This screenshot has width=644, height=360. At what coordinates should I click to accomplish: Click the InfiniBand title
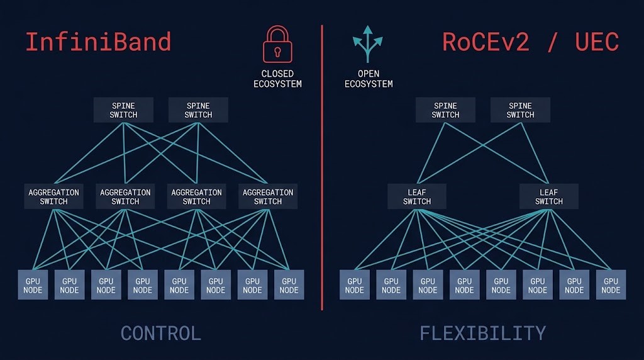(x=98, y=42)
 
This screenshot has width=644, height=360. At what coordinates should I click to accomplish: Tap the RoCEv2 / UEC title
(x=530, y=42)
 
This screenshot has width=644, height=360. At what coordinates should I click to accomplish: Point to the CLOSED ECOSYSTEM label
(x=277, y=79)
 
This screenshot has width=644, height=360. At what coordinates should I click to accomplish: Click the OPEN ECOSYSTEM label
(x=369, y=79)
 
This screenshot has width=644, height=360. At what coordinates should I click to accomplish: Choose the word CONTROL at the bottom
(x=160, y=333)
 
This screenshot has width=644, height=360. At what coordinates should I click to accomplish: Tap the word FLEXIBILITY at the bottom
(x=482, y=333)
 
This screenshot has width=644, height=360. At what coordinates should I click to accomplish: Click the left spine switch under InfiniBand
(x=123, y=110)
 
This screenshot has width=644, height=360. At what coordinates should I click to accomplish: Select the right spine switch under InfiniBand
(x=198, y=110)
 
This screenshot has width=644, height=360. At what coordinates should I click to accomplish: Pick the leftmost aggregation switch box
(x=53, y=196)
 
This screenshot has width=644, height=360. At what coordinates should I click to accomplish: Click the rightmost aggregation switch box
(x=268, y=196)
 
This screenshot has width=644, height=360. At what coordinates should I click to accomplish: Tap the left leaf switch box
(x=417, y=196)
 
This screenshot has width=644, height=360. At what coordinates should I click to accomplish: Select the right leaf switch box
(x=549, y=196)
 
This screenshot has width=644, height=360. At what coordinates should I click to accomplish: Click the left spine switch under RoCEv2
(x=445, y=110)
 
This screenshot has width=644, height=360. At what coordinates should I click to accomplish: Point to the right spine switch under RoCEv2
(x=520, y=110)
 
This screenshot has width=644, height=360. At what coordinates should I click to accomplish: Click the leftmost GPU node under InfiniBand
(x=33, y=285)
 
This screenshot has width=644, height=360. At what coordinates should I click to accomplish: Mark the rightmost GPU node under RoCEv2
(x=611, y=285)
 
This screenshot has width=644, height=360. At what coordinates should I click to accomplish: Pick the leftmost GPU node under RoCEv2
(x=355, y=285)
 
